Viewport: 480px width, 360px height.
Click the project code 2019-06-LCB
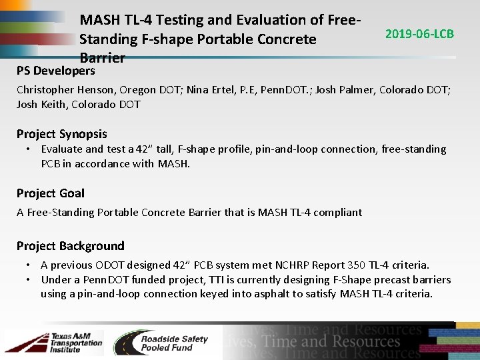click(x=419, y=33)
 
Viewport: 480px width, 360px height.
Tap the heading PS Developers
click(x=56, y=71)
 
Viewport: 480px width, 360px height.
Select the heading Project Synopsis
click(x=61, y=134)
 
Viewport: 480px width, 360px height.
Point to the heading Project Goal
click(x=51, y=193)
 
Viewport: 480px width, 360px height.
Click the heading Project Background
click(x=70, y=246)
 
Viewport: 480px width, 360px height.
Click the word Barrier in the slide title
click(x=102, y=58)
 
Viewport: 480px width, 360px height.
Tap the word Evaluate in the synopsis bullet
click(x=61, y=149)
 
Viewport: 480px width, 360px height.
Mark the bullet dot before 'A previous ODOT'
click(x=29, y=265)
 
